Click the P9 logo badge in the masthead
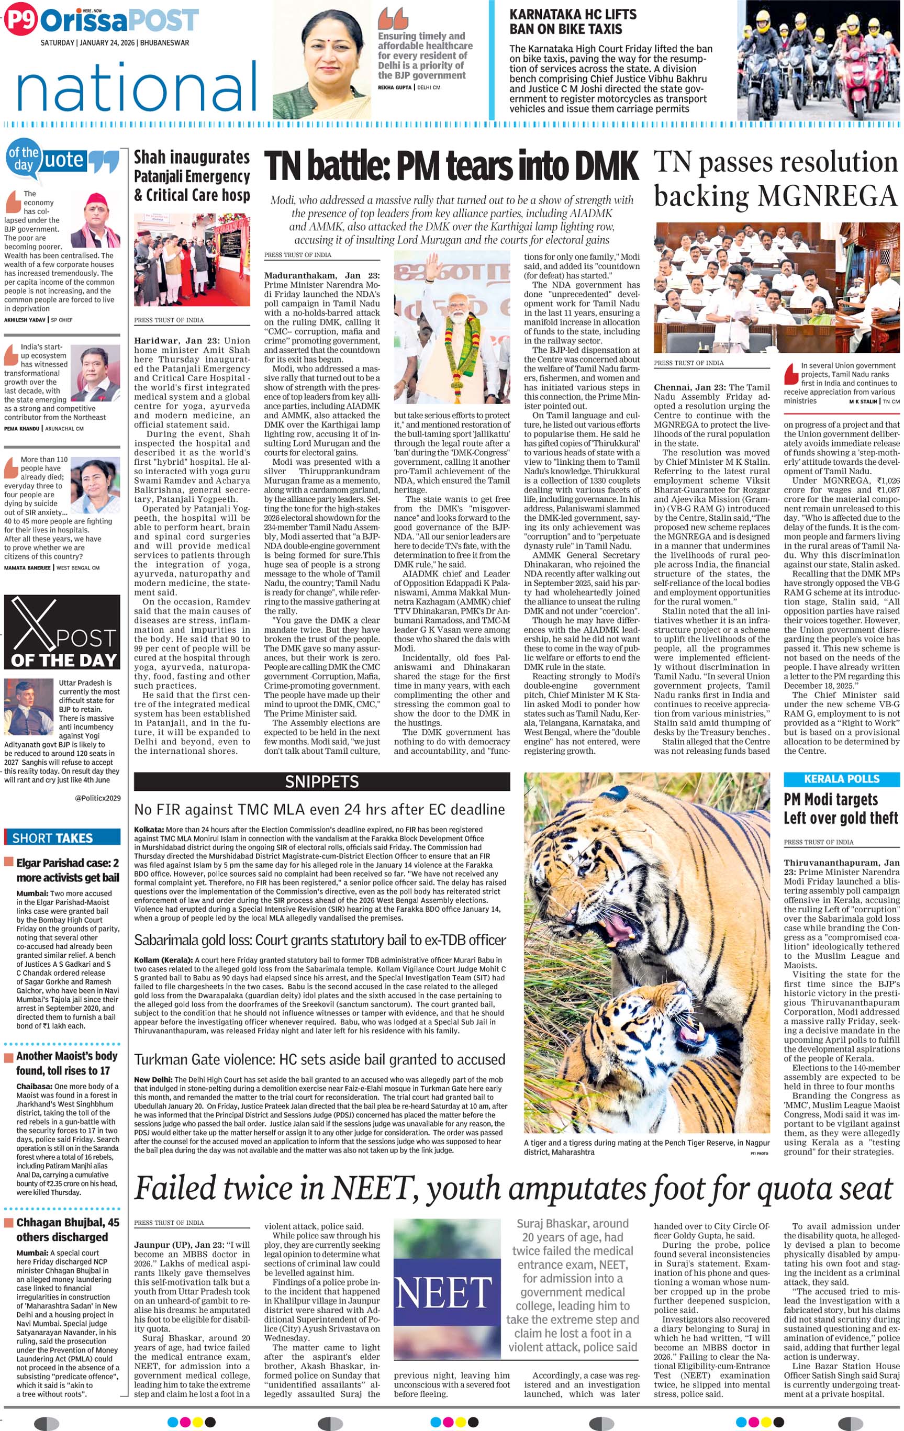click(20, 20)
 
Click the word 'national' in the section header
click(137, 87)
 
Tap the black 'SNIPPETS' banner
click(321, 781)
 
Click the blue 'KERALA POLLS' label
click(841, 779)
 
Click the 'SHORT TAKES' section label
click(52, 838)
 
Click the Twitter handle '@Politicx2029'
click(97, 798)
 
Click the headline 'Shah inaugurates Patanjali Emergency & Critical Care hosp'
click(192, 176)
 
